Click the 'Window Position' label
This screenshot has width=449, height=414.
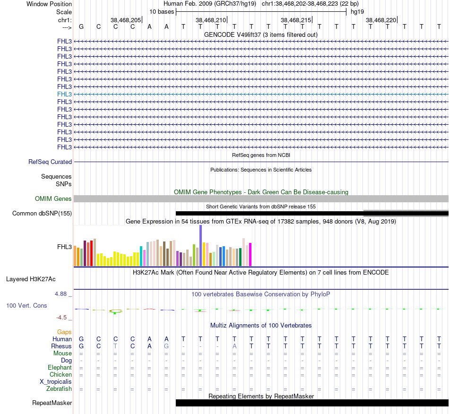49,4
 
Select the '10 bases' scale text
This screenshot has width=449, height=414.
162,11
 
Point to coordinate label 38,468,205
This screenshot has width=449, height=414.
126,20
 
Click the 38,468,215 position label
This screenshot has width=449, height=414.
296,20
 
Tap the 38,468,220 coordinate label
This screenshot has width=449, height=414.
381,20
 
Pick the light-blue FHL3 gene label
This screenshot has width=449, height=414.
65,94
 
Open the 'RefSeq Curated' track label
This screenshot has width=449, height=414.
50,162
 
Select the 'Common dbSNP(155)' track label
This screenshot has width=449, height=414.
42,213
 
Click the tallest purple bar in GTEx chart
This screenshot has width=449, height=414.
200,246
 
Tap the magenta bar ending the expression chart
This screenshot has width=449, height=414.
250,255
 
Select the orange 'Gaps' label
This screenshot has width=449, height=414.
64,332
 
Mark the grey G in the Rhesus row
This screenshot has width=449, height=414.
166,346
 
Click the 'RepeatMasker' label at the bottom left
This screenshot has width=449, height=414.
52,403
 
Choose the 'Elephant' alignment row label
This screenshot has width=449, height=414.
60,367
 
